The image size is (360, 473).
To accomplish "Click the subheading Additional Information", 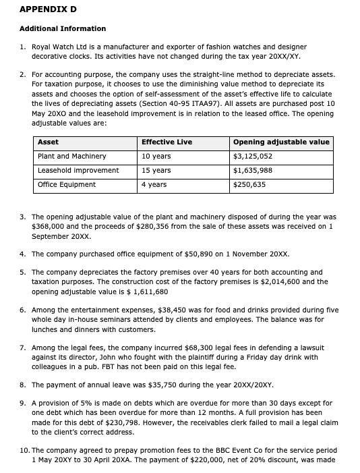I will click(63, 28).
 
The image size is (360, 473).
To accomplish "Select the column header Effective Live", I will click(167, 142).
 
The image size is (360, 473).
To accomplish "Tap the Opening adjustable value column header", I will click(281, 142).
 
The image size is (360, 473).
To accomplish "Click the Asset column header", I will click(48, 142).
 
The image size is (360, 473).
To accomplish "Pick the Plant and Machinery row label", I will click(72, 157).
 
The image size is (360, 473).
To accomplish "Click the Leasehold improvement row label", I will click(78, 171).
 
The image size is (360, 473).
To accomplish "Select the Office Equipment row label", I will click(67, 185).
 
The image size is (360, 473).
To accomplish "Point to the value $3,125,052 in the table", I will click(253, 157).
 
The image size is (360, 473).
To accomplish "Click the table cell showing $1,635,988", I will click(253, 171).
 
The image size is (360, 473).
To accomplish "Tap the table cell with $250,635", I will click(249, 185).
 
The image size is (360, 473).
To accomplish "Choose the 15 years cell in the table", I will click(156, 171).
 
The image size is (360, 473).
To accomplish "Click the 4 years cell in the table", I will click(154, 185).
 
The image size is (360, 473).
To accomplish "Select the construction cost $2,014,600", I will click(277, 282).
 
